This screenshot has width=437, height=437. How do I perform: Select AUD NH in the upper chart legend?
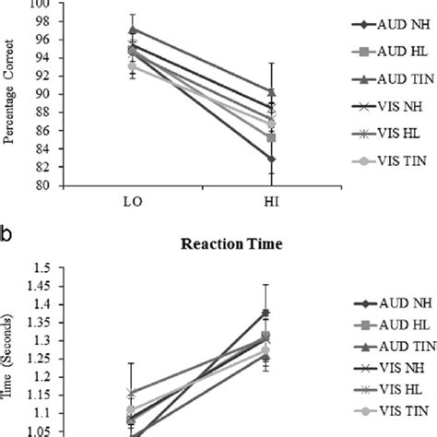[392, 22]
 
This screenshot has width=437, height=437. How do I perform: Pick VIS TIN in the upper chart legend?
[392, 163]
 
